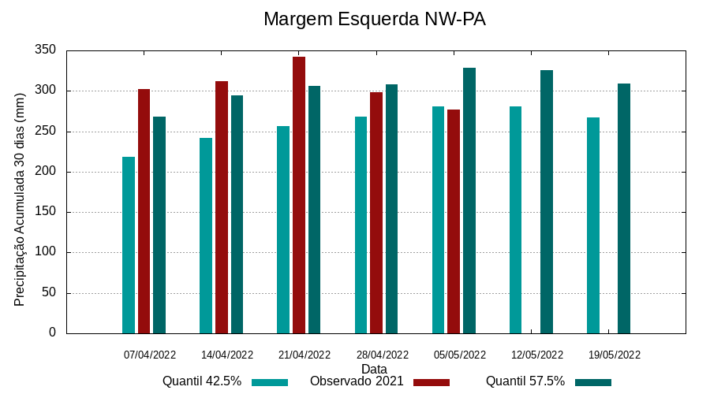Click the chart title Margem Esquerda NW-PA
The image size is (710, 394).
click(x=374, y=19)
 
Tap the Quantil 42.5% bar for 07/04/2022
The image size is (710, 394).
click(x=129, y=245)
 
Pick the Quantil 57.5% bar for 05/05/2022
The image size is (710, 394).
click(x=469, y=201)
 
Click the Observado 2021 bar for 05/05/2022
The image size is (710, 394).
click(x=454, y=221)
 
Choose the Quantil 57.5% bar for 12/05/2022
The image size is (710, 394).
click(x=547, y=202)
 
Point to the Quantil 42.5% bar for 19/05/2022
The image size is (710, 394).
click(x=593, y=225)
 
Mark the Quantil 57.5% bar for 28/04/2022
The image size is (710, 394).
click(x=392, y=209)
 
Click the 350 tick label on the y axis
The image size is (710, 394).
click(x=46, y=50)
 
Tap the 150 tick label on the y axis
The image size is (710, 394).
click(x=46, y=212)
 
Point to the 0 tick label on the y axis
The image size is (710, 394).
click(x=52, y=333)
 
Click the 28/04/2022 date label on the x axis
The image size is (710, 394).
click(x=383, y=355)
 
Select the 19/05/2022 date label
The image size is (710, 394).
click(x=615, y=355)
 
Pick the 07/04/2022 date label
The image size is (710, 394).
click(x=150, y=355)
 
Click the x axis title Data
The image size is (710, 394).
click(x=374, y=368)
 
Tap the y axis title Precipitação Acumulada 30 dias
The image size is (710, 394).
click(x=21, y=199)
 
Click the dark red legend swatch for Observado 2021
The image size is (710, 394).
click(x=431, y=382)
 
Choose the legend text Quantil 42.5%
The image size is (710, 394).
click(x=202, y=381)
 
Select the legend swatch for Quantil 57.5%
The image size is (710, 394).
click(x=593, y=382)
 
